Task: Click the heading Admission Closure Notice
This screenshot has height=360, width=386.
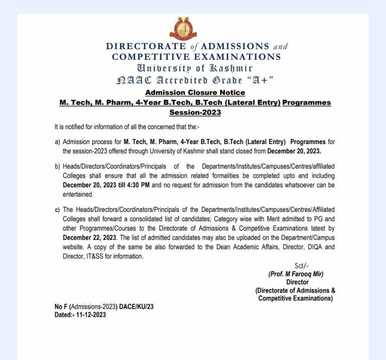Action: (195, 92)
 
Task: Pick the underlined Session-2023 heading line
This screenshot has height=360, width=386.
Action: (195, 112)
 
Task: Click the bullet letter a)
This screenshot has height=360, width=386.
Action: (57, 142)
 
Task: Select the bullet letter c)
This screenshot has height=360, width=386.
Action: (57, 209)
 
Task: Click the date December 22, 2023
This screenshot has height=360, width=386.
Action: (88, 238)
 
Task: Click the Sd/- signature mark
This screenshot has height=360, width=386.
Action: (301, 266)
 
